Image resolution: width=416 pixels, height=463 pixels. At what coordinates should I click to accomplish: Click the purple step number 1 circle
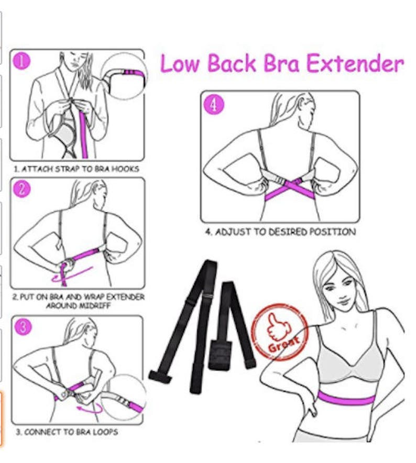point(22,62)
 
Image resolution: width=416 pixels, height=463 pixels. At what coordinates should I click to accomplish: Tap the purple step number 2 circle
point(22,190)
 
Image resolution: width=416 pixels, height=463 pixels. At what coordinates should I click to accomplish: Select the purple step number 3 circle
point(22,328)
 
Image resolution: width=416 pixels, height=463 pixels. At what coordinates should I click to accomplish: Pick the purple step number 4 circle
point(213,104)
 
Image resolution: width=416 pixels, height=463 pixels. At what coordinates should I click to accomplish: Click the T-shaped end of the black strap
point(158,374)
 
